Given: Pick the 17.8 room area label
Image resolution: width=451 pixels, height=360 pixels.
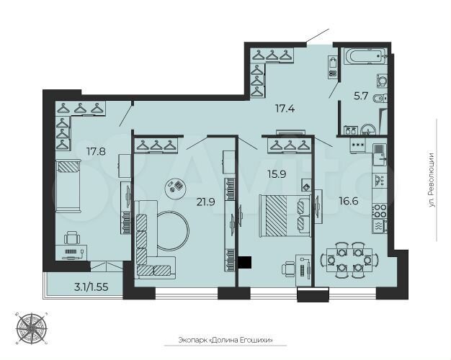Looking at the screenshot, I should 96,152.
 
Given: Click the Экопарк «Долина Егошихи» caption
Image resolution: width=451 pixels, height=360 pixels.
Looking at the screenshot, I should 228,341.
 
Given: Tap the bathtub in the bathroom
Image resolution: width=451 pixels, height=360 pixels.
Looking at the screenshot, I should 365,56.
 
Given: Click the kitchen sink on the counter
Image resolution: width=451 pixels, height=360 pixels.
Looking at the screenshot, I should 379,178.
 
